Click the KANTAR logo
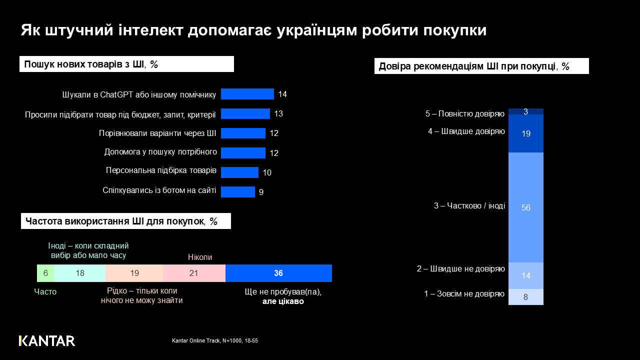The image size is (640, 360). point(47,341)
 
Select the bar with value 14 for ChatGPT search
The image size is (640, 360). point(247,94)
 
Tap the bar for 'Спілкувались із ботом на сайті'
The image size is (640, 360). point(238,192)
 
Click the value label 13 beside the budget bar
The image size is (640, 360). point(278,113)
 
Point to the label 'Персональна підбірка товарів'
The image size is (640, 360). point(161,170)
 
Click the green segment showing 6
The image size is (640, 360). point(45,273)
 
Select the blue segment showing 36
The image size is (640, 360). point(278,273)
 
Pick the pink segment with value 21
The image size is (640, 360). point(194,273)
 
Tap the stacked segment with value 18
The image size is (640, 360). point(79,273)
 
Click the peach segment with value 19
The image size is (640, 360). point(134,273)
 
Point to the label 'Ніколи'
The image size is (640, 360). point(200,257)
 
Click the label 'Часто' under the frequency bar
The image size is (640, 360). point(45,292)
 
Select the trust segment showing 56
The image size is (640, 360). point(526,207)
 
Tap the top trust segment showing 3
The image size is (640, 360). point(526,111)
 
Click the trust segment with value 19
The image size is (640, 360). point(526,133)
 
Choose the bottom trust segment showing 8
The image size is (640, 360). point(526,297)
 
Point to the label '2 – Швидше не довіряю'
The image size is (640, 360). point(461,269)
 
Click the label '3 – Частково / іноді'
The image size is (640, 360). point(469,205)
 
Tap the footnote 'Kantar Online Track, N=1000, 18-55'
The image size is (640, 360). point(215,340)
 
